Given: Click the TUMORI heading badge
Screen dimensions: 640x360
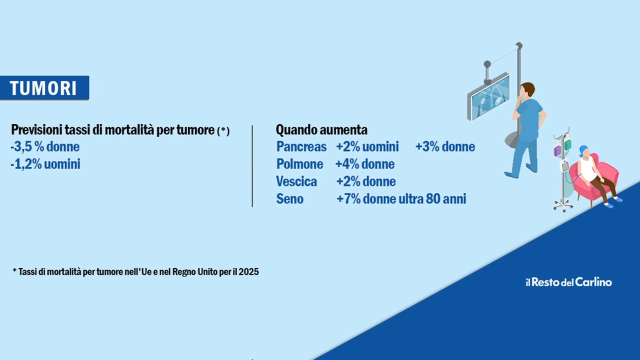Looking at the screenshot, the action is (x=44, y=87).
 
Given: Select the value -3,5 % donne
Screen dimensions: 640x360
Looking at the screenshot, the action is (x=45, y=147).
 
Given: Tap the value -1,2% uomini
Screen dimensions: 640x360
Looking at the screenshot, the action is (x=45, y=164).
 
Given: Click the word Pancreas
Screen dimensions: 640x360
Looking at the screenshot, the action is (x=301, y=147).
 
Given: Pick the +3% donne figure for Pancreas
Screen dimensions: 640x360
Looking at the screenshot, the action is (x=445, y=147).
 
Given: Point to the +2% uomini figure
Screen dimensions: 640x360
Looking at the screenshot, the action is (x=367, y=147).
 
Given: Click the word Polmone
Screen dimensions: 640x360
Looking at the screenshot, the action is (x=299, y=164).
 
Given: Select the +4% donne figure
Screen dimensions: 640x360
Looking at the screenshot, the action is (x=365, y=164).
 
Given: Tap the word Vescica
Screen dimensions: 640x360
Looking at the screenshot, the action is (x=296, y=181).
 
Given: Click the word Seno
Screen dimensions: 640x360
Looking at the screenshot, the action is (x=289, y=199).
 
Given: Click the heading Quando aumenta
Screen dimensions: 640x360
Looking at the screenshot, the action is (x=321, y=130).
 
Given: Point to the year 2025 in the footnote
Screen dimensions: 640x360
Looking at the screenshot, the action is (x=249, y=271).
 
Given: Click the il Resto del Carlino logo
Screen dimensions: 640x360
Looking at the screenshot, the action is (x=569, y=282).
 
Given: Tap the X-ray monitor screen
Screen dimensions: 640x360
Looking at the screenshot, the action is (x=490, y=96).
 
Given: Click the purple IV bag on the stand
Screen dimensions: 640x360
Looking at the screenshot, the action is (x=557, y=151).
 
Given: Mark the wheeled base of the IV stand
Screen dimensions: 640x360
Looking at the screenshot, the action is (x=563, y=205).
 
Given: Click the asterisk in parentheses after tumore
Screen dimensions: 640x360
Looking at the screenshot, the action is (x=223, y=131).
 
